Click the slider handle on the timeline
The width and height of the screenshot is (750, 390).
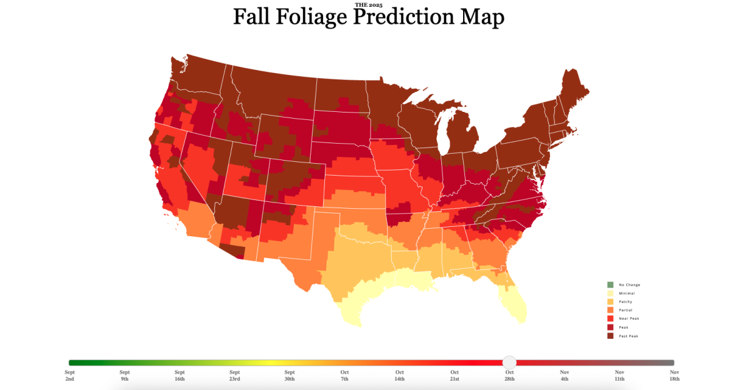click(509, 362)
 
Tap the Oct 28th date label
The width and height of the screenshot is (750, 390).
click(509, 376)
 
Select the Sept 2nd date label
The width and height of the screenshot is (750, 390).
click(69, 376)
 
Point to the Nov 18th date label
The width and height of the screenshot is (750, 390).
click(674, 376)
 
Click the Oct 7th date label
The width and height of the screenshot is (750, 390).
click(344, 376)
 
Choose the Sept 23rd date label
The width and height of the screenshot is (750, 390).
click(234, 376)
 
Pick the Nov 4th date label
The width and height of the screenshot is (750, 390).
click(564, 376)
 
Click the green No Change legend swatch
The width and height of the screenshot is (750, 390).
click(610, 285)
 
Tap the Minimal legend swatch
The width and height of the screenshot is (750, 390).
click(610, 293)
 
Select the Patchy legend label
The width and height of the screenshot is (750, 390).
click(625, 302)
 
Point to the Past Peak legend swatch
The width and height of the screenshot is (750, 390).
click(610, 336)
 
